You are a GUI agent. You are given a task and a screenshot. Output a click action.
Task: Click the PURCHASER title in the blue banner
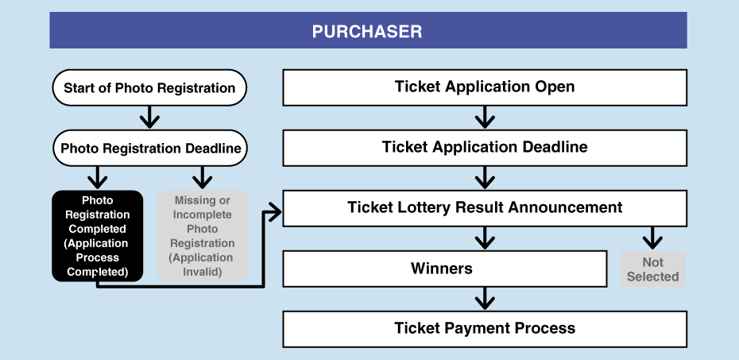click(x=367, y=32)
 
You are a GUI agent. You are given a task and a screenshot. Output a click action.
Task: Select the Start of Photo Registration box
click(x=149, y=87)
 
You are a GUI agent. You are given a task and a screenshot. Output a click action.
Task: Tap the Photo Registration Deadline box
click(x=150, y=148)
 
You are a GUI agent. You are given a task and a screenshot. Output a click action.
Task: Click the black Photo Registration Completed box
click(x=97, y=236)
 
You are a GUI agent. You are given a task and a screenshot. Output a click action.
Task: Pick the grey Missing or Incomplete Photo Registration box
click(x=203, y=236)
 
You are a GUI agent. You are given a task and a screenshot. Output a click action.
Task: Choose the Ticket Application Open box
click(x=485, y=87)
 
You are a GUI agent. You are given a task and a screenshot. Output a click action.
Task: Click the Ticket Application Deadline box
click(x=485, y=148)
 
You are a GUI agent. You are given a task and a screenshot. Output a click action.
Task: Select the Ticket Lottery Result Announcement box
click(x=485, y=208)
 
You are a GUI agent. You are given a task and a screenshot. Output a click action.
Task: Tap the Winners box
click(x=444, y=269)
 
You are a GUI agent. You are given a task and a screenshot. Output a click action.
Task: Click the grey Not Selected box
click(x=652, y=269)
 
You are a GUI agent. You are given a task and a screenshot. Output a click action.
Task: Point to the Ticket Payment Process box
click(x=485, y=328)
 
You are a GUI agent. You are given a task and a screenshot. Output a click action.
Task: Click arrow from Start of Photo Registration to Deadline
click(x=149, y=118)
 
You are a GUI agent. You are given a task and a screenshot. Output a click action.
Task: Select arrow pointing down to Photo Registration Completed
click(x=97, y=178)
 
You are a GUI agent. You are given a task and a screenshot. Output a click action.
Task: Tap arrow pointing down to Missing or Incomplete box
click(x=203, y=178)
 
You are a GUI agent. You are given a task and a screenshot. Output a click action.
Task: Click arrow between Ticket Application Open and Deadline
click(x=485, y=118)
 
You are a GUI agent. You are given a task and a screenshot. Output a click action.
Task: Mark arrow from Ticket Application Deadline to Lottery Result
click(x=485, y=178)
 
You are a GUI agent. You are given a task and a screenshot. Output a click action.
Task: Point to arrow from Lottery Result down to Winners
click(x=485, y=238)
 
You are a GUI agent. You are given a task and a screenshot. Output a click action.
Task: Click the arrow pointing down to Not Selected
click(x=652, y=238)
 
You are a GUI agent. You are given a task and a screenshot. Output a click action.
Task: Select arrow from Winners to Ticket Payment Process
click(x=485, y=299)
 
